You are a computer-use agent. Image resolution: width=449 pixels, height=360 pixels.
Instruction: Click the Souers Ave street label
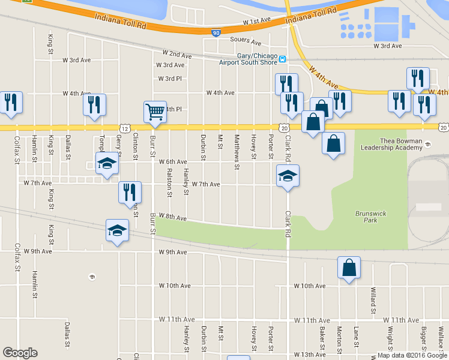tap(246, 42)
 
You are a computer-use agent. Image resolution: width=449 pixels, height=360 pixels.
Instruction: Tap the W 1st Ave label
tap(257, 21)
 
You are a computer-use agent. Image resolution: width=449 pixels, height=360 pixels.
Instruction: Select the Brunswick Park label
tap(366, 217)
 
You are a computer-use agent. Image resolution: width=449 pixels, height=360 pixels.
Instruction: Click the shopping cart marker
tap(155, 112)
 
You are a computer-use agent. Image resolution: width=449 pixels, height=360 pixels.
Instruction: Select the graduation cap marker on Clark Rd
tap(288, 176)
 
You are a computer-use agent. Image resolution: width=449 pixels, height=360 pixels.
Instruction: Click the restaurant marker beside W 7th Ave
tap(130, 193)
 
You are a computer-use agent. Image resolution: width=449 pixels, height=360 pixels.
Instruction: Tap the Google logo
tap(20, 353)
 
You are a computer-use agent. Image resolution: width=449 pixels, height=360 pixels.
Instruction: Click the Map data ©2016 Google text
tap(412, 355)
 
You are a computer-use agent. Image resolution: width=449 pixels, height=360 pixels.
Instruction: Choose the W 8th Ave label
tap(173, 218)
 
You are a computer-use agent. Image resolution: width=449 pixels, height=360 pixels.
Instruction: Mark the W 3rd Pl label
tap(169, 79)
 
